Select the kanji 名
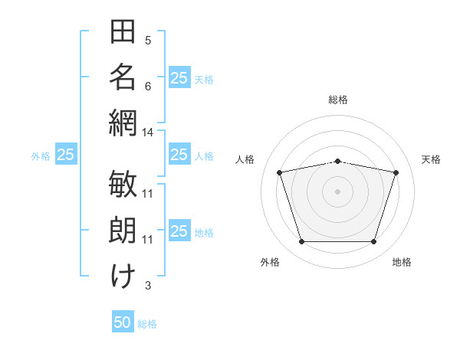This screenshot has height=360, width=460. click(123, 77)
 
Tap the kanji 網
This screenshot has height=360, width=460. click(123, 123)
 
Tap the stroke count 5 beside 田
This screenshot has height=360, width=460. click(148, 40)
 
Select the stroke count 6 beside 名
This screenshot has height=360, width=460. click(148, 86)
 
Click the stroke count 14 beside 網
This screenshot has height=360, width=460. click(148, 133)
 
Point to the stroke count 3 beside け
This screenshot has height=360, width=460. click(148, 286)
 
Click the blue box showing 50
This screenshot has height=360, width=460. click(123, 322)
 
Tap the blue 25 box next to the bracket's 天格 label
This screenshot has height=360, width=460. click(179, 77)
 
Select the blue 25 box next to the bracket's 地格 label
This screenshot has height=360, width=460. click(179, 231)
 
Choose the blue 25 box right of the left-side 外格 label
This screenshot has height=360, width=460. click(66, 155)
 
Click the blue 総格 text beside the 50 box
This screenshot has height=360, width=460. click(147, 323)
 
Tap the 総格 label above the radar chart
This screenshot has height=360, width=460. click(337, 100)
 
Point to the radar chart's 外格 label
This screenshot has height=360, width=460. click(270, 262)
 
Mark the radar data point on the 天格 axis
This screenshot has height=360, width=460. click(396, 172)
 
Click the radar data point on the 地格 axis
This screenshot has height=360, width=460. click(373, 242)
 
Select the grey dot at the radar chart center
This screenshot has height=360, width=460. click(337, 191)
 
